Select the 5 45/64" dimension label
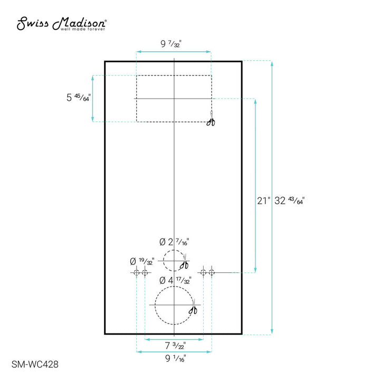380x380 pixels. (x=78, y=98)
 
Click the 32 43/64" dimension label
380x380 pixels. (x=290, y=201)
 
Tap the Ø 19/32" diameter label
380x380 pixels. (x=142, y=261)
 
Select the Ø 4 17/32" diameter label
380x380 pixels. (x=174, y=280)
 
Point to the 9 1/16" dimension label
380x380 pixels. (x=174, y=358)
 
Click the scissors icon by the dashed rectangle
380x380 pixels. (x=211, y=121)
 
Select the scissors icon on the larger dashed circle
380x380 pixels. (x=193, y=310)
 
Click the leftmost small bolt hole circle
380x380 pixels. (x=136, y=272)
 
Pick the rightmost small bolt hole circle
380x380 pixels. (x=212, y=272)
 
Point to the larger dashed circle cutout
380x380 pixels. (x=174, y=306)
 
